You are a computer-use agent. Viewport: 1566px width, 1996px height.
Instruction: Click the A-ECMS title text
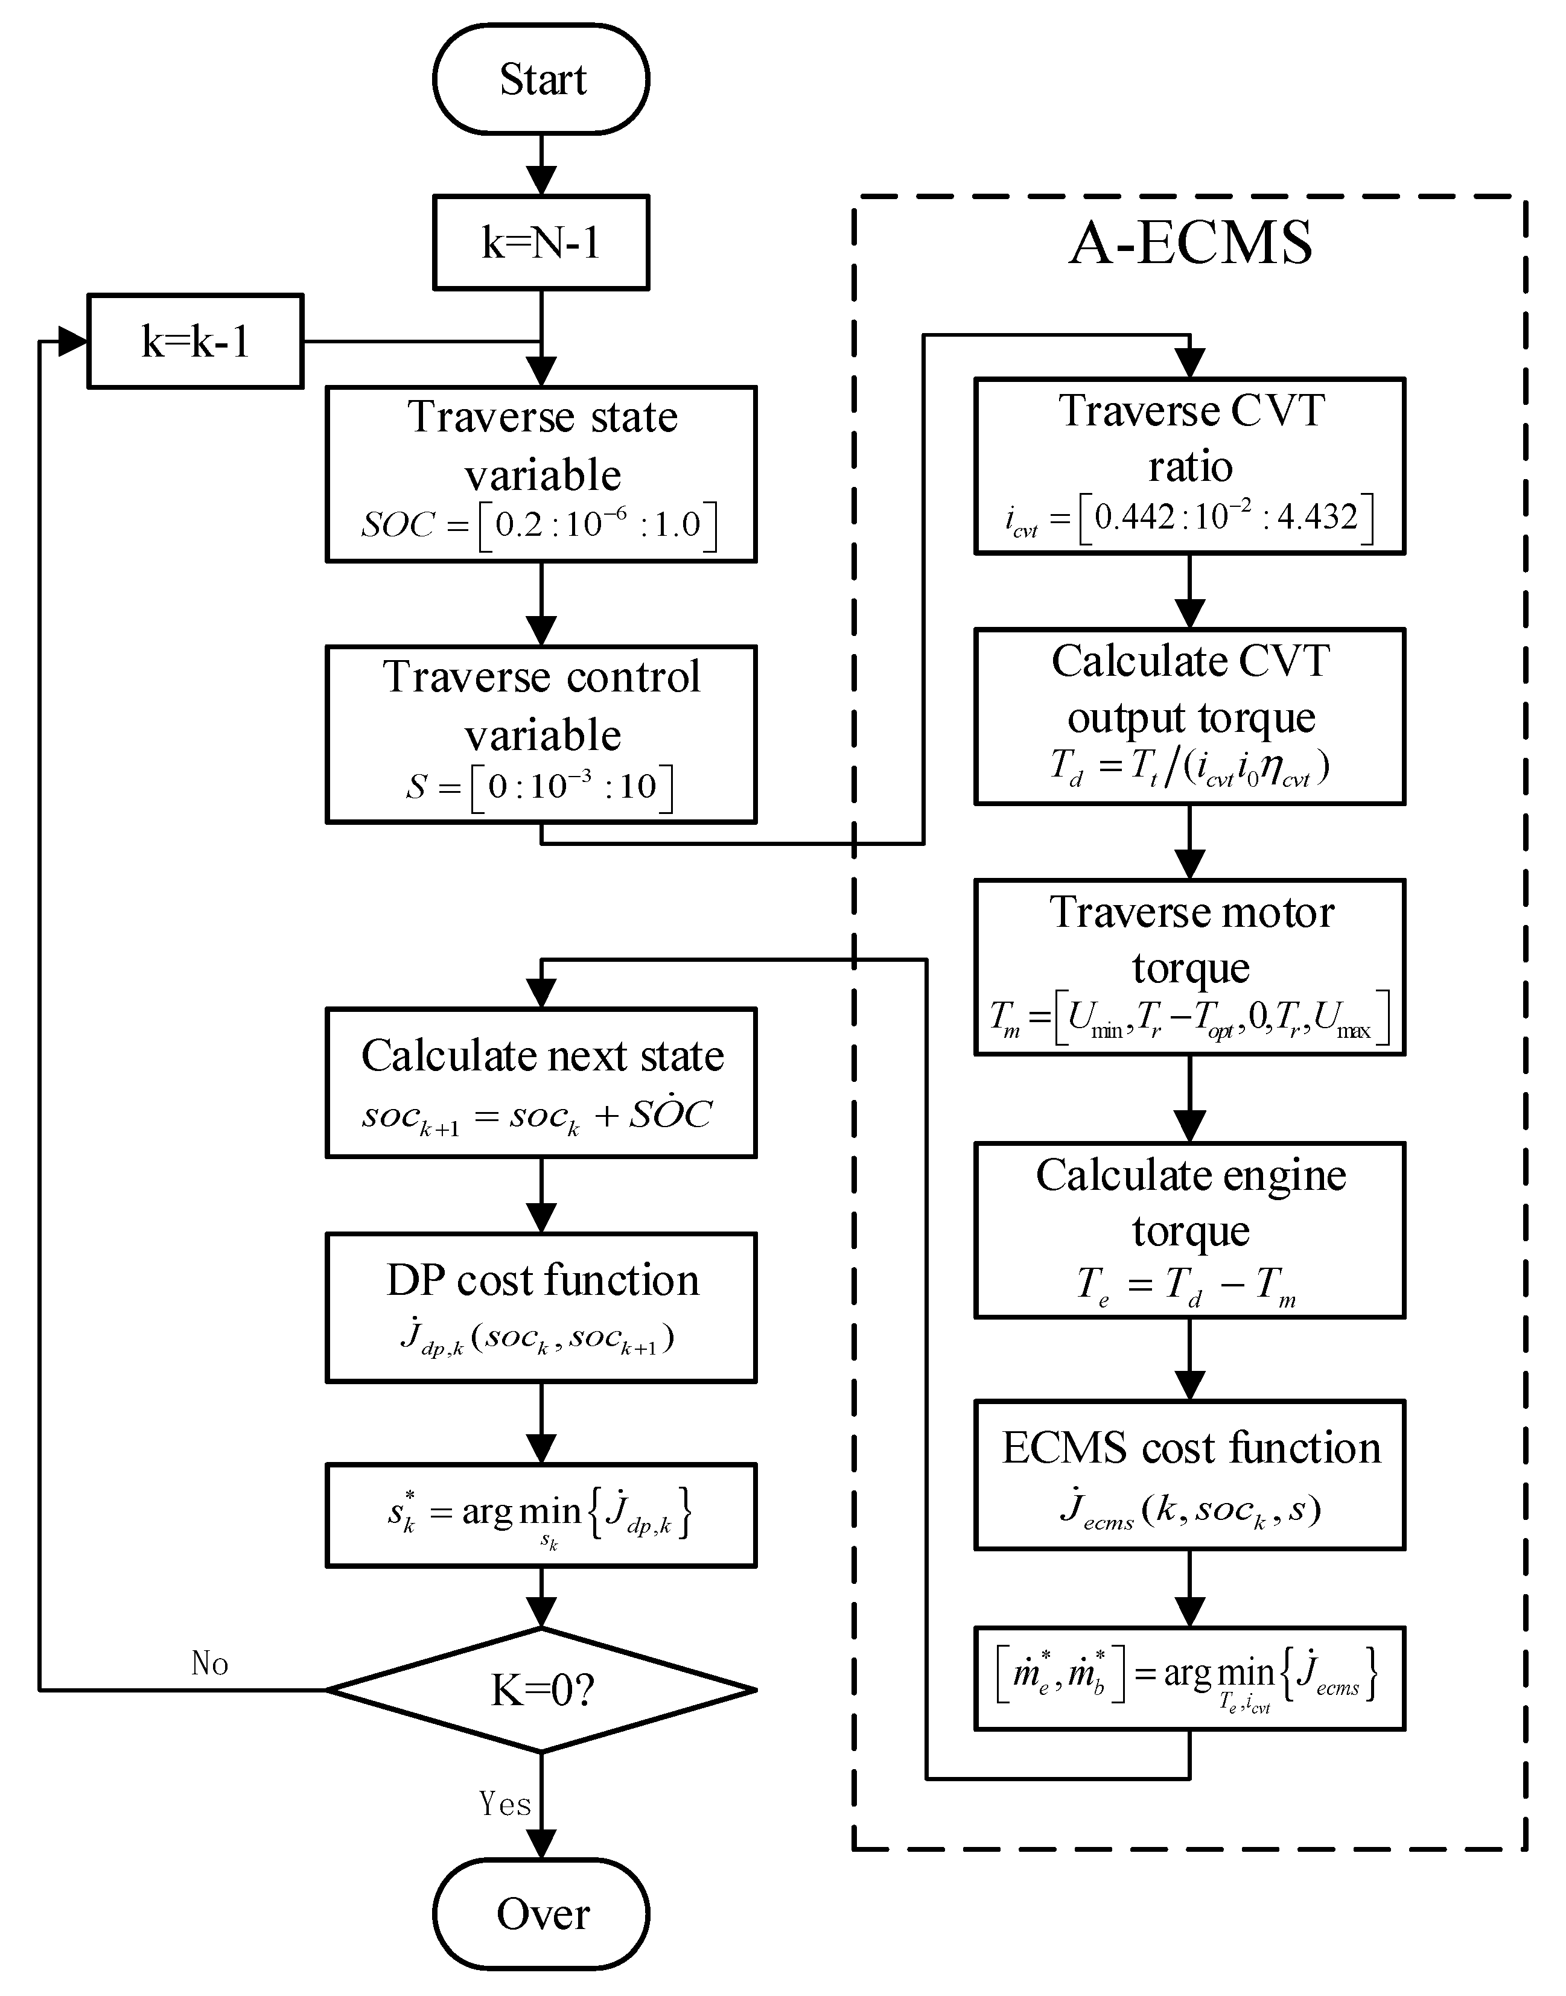[1190, 244]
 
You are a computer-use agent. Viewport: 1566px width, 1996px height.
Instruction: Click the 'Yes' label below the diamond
[505, 1804]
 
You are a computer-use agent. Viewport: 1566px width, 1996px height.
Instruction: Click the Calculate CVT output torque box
[1189, 716]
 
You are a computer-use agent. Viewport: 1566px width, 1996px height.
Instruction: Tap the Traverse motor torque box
[1189, 967]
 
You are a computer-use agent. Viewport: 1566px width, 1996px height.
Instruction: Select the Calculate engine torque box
[1189, 1230]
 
